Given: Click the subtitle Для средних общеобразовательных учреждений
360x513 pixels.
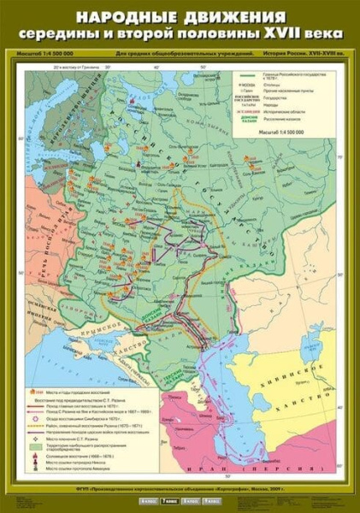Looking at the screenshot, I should (x=184, y=54).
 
